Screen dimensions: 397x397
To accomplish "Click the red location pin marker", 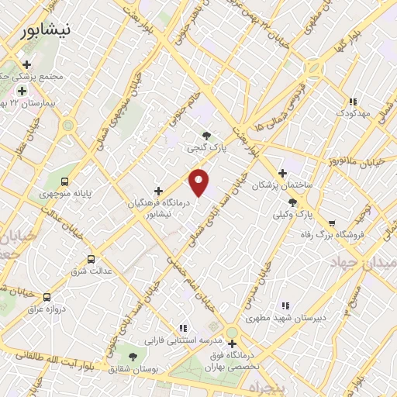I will point(199,181).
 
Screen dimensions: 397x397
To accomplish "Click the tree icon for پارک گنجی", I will point(205,135).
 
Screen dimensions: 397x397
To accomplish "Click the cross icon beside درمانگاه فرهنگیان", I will point(159,191).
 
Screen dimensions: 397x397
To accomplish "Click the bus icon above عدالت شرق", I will point(91,260).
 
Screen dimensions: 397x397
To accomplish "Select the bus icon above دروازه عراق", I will point(47,297).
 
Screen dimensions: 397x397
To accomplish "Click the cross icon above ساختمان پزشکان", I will point(282,174).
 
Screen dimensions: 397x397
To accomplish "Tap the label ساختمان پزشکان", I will point(287,186).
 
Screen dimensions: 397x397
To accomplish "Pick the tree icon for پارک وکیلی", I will point(292,202).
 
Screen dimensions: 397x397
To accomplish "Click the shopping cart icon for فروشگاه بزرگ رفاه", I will point(332,202).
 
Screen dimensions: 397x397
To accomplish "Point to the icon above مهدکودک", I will point(353,102).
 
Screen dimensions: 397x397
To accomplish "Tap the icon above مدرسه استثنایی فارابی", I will point(183,328).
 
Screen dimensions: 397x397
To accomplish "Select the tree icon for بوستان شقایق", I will point(133,357).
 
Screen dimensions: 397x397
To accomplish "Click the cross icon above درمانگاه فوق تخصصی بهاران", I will point(231,343).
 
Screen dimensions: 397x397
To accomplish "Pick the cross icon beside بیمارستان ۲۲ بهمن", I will point(22,91).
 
